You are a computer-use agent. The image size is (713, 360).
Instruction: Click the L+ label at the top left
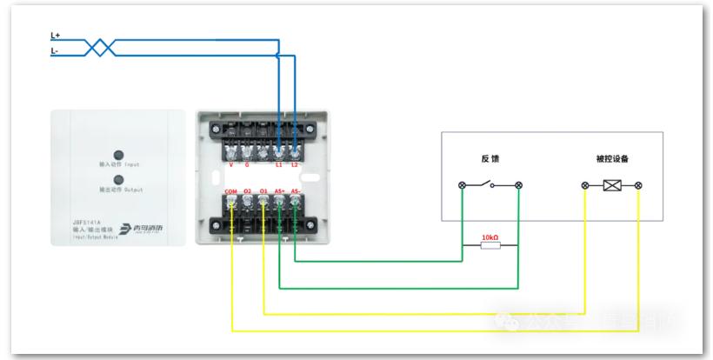55,36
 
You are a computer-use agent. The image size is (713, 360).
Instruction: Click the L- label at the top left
55,51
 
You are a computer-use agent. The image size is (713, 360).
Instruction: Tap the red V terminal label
230,163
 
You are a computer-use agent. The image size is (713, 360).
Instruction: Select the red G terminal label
247,163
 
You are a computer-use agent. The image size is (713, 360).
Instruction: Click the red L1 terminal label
278,163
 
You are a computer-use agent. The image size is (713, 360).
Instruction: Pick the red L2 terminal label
295,163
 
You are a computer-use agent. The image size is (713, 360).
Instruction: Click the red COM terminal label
230,190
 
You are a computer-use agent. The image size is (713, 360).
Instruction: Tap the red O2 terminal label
247,190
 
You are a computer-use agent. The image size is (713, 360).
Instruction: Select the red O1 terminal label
263,190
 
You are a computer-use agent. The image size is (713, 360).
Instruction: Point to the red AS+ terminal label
280,190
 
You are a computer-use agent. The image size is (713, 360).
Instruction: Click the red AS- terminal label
297,190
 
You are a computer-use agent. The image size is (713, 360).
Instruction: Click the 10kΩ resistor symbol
490,246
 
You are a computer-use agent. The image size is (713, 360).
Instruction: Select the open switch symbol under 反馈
490,184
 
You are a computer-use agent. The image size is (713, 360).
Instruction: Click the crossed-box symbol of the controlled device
612,185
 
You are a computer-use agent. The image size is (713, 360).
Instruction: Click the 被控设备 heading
612,159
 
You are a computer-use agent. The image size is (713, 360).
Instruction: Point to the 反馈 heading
490,159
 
